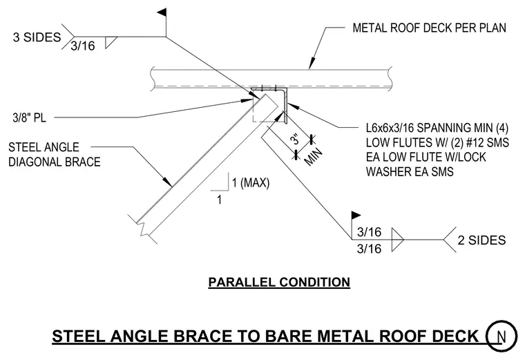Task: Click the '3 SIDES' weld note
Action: [x=37, y=37]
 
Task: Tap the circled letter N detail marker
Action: [x=502, y=336]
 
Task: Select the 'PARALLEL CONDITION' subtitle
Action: [x=279, y=282]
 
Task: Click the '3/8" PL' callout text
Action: [x=29, y=117]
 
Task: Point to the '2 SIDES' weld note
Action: [x=481, y=240]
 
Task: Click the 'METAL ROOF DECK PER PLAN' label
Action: [x=429, y=28]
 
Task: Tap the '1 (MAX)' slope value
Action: [x=251, y=183]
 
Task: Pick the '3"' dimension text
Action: [x=295, y=139]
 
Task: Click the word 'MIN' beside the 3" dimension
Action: [x=314, y=156]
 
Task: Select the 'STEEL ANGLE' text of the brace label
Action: [x=44, y=147]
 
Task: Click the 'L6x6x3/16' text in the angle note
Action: [x=390, y=128]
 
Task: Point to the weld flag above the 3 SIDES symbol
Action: [x=162, y=12]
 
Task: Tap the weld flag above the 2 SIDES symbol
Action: [x=356, y=216]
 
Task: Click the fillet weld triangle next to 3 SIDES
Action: [x=111, y=42]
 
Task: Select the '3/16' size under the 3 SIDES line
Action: [x=83, y=46]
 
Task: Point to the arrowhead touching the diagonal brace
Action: [x=168, y=181]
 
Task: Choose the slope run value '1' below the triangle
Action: [x=219, y=200]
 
